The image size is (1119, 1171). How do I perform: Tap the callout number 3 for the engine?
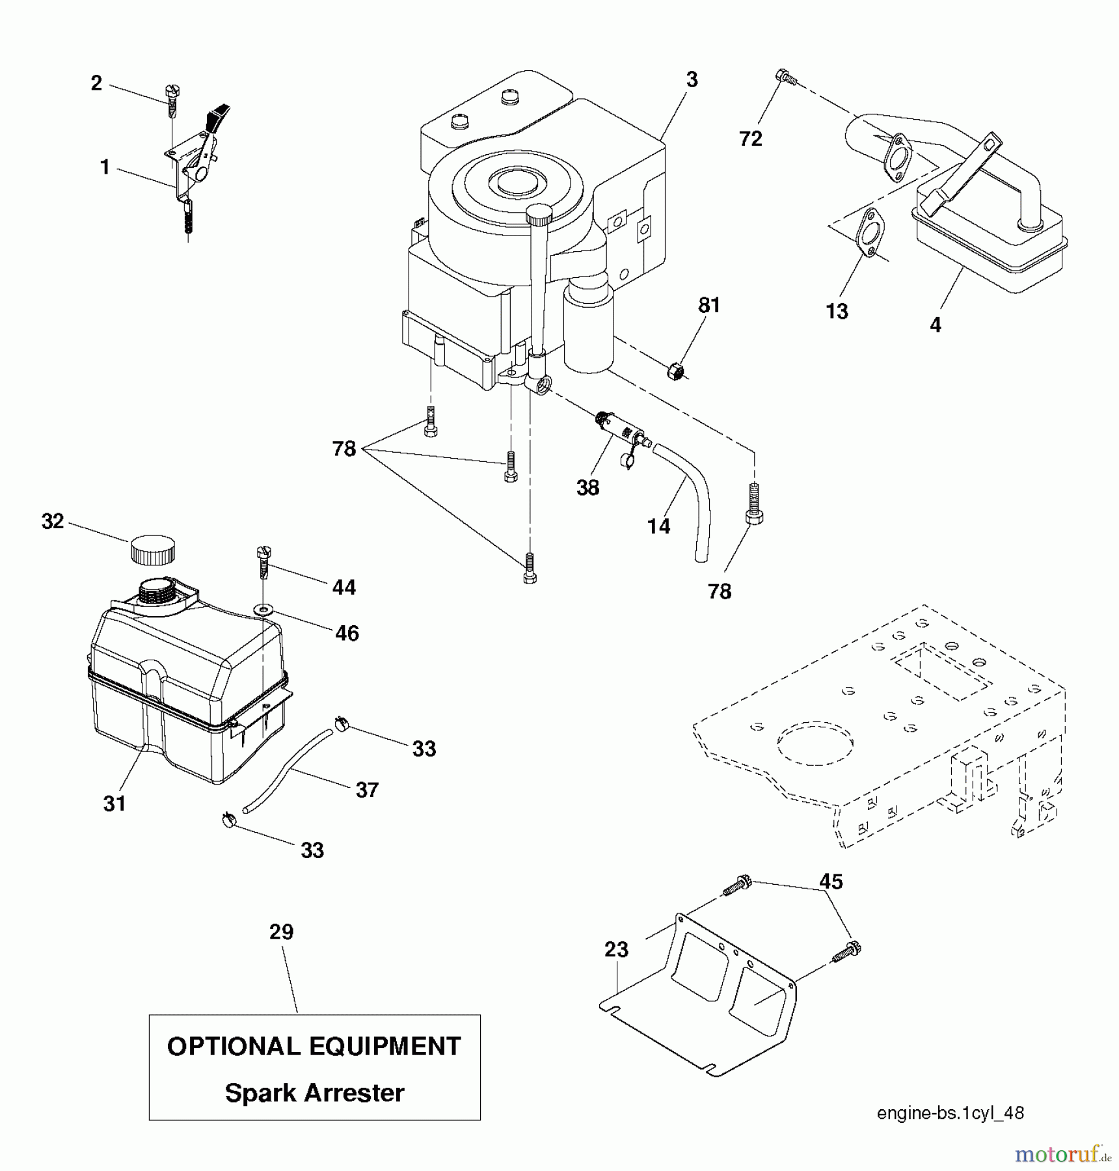(692, 80)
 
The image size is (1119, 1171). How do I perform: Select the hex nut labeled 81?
(677, 371)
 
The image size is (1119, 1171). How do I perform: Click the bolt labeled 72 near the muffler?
(785, 77)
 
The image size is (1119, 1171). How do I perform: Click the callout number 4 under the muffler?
(935, 325)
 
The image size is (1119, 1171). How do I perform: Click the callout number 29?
(282, 932)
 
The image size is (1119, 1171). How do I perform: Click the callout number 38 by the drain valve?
(587, 487)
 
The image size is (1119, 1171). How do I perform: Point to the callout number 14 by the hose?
(658, 526)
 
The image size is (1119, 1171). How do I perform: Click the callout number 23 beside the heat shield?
(616, 949)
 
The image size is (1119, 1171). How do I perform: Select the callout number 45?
(831, 882)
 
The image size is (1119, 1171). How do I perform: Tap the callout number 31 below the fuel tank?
(115, 803)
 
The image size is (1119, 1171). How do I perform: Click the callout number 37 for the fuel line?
(367, 790)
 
